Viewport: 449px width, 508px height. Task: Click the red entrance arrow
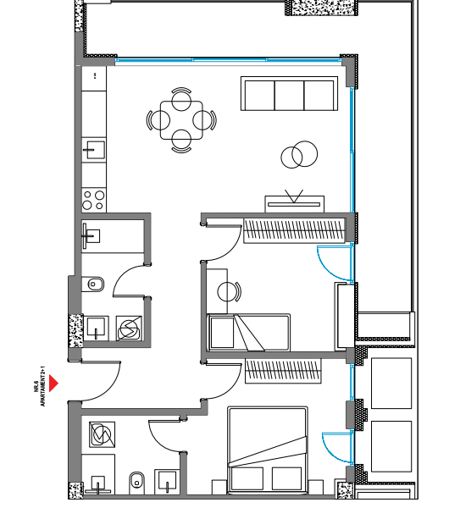tap(53, 383)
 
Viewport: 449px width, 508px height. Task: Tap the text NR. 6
tap(36, 389)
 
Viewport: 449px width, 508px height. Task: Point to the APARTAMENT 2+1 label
tap(42, 386)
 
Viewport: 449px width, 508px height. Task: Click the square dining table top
tap(181, 120)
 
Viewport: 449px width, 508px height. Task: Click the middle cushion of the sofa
tap(290, 95)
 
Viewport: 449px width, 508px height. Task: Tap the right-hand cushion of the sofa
tap(319, 95)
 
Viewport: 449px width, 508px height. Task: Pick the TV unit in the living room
tap(295, 203)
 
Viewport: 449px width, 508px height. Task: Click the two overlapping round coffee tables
tap(297, 155)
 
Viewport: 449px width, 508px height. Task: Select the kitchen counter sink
tap(93, 151)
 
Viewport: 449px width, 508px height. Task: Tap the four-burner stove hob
tap(93, 201)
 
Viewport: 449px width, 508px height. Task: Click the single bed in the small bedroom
tap(248, 332)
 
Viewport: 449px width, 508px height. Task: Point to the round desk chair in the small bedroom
tap(228, 292)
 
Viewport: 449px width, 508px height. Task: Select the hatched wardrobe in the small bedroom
tap(294, 229)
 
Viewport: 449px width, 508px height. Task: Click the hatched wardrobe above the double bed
tap(285, 371)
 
